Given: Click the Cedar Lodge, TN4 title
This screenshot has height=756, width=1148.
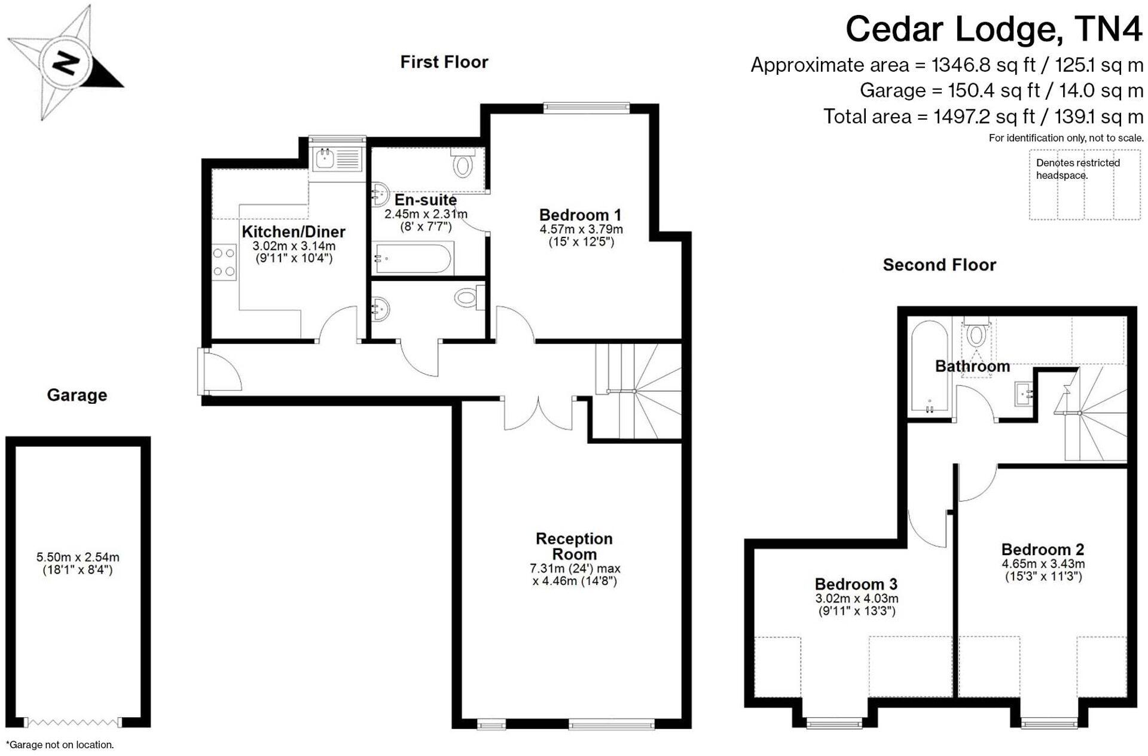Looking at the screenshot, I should tap(993, 29).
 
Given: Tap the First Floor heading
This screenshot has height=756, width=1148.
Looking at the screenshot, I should tap(444, 62).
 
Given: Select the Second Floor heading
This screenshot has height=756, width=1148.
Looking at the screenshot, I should tap(939, 264).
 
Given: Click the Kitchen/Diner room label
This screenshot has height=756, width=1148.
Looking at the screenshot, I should tap(293, 231).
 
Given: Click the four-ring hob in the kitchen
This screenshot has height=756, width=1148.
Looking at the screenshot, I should tap(224, 262).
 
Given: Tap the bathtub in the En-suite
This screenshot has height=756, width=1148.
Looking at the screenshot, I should tap(413, 258).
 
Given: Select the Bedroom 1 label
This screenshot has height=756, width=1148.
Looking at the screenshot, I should tap(580, 215).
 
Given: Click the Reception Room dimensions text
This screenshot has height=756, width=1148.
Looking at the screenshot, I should tap(575, 574).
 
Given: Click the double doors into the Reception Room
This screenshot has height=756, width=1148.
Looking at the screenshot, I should tap(538, 413).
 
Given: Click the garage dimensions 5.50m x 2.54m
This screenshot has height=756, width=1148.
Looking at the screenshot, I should tap(78, 563).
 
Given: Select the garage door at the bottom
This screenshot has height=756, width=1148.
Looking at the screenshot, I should tap(73, 723).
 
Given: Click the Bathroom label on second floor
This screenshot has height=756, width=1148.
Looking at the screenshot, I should tap(972, 366).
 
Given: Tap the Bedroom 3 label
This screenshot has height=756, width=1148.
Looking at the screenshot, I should tap(856, 584).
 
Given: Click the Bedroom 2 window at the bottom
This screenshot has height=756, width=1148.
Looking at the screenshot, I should tap(1049, 723).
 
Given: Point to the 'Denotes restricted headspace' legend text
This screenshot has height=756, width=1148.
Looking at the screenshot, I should tap(1077, 169).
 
